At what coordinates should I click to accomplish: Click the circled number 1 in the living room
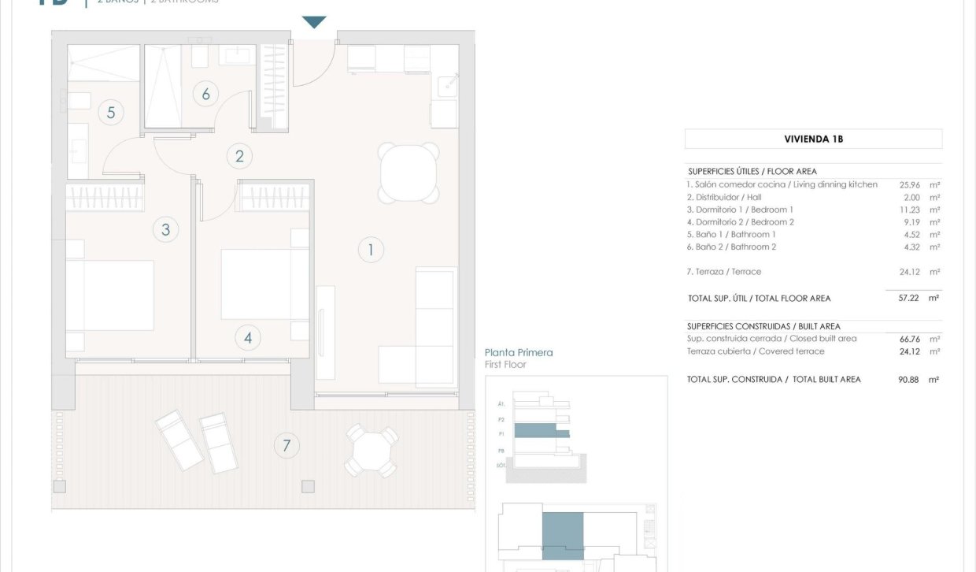371,251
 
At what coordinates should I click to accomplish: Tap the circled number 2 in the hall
239,156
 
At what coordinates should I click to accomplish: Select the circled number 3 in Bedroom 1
165,230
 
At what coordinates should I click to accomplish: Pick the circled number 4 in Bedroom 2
248,338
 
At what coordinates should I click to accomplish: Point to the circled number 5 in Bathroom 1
111,113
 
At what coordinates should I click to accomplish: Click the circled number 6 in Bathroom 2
205,95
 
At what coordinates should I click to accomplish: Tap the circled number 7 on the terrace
287,446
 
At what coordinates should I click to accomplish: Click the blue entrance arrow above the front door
314,22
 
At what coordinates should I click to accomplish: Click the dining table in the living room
408,173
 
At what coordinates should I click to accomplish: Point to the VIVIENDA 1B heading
813,139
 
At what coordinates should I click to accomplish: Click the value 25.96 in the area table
910,184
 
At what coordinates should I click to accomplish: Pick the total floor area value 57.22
910,299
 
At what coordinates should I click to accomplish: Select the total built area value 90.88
910,380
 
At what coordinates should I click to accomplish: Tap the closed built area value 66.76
910,339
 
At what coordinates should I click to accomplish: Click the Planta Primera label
519,352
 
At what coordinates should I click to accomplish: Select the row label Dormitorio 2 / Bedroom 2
740,222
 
